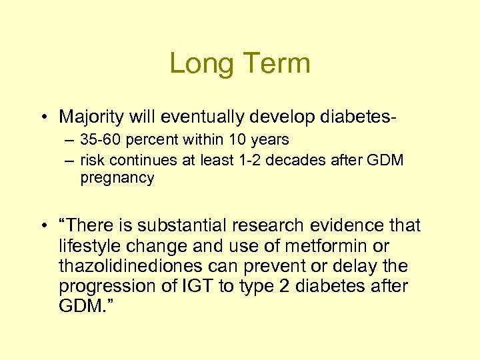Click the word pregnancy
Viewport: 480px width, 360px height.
pos(117,178)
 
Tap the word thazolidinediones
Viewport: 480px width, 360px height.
pos(141,267)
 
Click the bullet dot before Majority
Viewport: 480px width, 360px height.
pos(43,118)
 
